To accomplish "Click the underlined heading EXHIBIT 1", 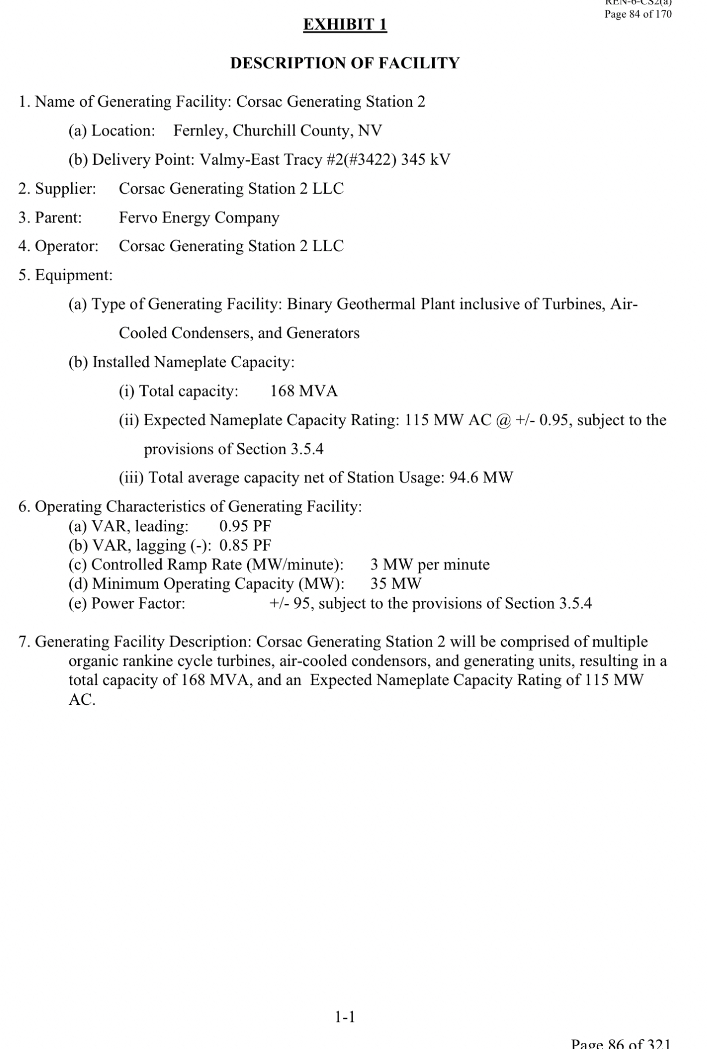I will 345,25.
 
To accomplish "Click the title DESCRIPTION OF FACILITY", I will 345,63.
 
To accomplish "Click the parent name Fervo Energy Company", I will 199,218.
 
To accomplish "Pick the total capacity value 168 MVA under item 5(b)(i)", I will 303,391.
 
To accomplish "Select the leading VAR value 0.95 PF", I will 245,526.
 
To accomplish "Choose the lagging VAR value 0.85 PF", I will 245,545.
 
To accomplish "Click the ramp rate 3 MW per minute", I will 429,564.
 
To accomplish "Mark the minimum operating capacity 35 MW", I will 395,584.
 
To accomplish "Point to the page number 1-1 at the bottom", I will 345,1017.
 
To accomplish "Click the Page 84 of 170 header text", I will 638,14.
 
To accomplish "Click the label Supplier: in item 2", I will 65,189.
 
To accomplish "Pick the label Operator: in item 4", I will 67,246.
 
